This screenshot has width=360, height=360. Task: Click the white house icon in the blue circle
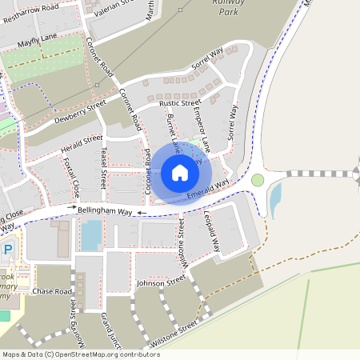179,173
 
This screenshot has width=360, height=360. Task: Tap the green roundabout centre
258,179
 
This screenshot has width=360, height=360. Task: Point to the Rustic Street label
179,103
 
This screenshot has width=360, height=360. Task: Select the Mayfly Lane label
33,37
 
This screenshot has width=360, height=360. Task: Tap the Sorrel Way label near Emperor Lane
233,121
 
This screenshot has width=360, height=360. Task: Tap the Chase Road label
52,292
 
